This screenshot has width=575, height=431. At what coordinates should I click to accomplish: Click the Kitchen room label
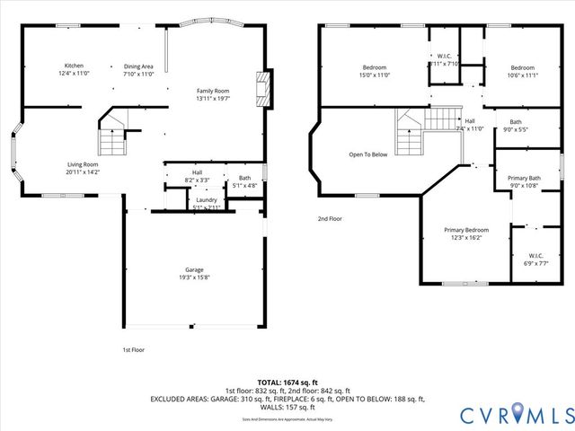coord(73,66)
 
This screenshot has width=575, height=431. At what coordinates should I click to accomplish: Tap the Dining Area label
coord(138,66)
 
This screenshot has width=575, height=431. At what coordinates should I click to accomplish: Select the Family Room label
coord(214,91)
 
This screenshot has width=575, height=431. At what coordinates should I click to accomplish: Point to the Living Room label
coord(82,164)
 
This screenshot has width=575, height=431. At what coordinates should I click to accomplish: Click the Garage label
coord(194,270)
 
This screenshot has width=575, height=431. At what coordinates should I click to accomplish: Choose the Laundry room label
coord(207,199)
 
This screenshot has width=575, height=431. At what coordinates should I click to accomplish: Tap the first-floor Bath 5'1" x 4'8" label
coord(244,180)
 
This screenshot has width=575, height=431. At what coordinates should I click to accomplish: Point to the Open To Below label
coord(368,154)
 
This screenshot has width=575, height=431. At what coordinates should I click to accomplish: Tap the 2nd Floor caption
coord(331,218)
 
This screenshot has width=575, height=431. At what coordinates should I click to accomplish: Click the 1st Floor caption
coord(133,349)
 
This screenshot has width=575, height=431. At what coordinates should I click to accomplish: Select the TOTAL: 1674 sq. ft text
coord(287,382)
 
